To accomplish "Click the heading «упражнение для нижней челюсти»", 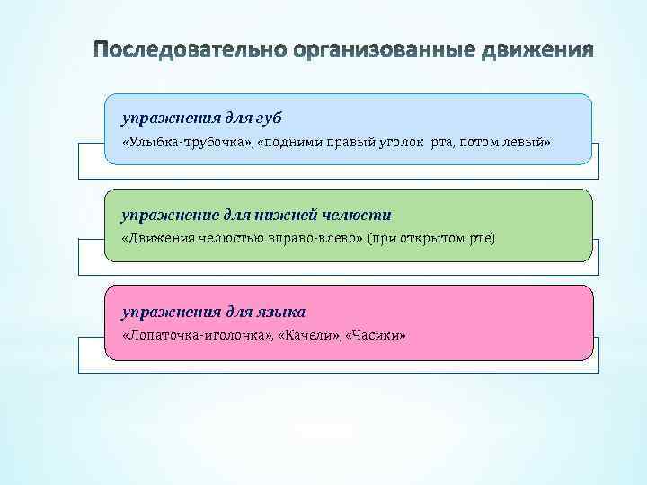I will [x=256, y=214].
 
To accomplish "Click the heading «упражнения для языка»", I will [x=214, y=311].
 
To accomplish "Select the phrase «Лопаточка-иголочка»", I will [x=194, y=335].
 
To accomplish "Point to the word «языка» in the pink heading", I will [x=282, y=311].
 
